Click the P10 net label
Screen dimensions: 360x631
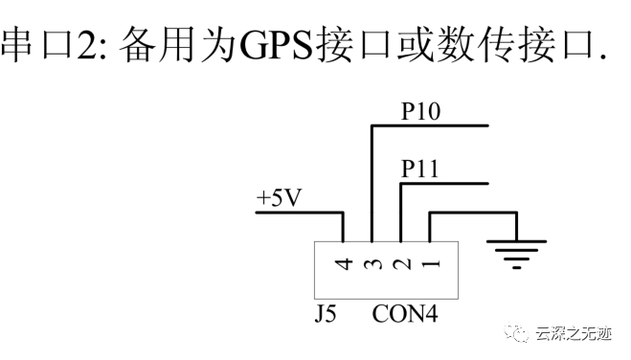pos(420,113)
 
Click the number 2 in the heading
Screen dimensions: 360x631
pos(89,45)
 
